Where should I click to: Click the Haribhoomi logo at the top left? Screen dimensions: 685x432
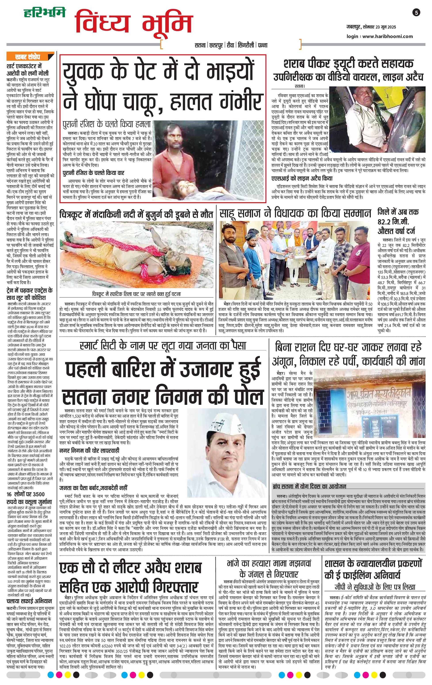[44, 13]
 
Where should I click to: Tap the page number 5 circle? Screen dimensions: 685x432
[417, 13]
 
